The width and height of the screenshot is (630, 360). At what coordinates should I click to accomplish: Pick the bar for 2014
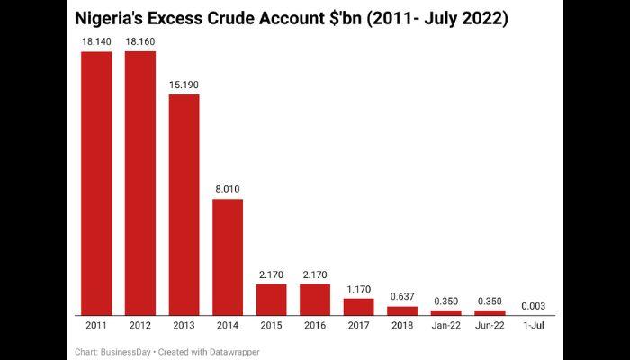click(228, 256)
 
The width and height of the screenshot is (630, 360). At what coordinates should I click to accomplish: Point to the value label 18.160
click(140, 41)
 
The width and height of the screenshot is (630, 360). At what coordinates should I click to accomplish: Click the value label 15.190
click(184, 85)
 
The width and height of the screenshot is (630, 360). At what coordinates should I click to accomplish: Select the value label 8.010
click(228, 189)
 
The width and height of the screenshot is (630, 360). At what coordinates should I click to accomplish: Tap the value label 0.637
click(402, 296)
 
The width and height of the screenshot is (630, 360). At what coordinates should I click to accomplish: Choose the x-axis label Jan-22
click(446, 324)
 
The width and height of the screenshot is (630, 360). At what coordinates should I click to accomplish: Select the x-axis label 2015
click(272, 324)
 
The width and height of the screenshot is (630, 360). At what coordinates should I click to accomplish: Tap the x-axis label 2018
click(402, 324)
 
